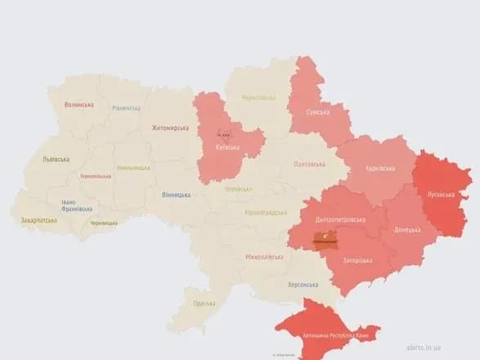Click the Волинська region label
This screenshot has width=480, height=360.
[x=79, y=105]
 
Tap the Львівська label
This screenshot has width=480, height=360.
[x=56, y=160]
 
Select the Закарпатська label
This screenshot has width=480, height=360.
[x=38, y=220]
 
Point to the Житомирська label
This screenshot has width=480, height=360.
[x=170, y=128]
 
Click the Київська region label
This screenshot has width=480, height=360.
[x=227, y=148]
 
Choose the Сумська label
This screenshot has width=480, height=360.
[x=317, y=112]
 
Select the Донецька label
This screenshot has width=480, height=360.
[x=410, y=230]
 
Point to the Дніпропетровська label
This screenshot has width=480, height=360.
[x=339, y=219]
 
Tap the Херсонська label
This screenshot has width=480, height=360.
[x=303, y=284]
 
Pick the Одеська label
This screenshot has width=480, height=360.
[x=204, y=304]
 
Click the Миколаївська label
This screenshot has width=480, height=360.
[x=264, y=257]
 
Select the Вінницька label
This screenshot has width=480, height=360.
[x=176, y=195]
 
